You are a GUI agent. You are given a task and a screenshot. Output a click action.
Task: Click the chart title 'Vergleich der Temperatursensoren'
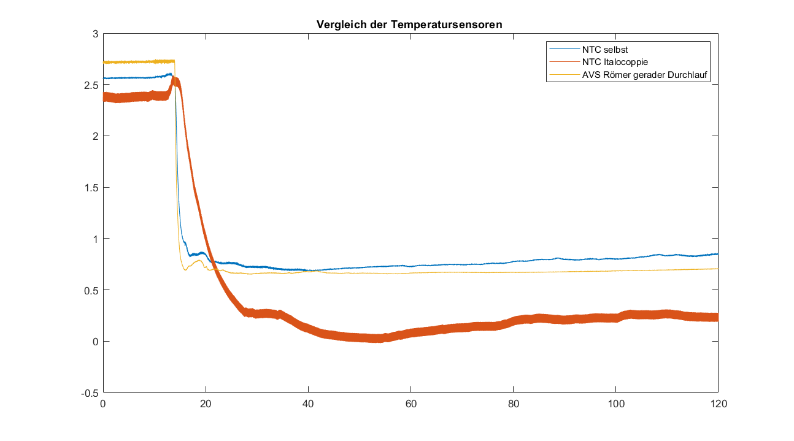[410, 25]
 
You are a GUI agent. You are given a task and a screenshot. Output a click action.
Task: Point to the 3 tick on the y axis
[95, 34]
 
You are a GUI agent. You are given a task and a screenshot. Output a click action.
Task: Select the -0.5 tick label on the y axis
[90, 393]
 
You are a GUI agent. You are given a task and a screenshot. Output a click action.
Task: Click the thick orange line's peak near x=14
[175, 80]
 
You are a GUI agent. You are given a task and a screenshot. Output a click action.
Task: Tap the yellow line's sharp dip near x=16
[185, 270]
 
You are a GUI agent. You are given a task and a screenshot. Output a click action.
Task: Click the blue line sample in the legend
[564, 50]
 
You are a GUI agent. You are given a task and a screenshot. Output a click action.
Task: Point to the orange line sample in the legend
[564, 63]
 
